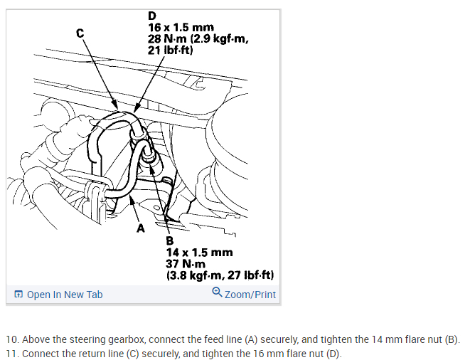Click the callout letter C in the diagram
pos(80,32)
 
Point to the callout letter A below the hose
pos(140,229)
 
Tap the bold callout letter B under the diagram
pos(170,241)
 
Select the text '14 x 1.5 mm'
pos(198,253)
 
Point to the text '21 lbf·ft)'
pos(173,50)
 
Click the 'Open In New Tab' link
pos(65,295)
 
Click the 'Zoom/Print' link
pos(250,295)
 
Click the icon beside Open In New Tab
pos(18,295)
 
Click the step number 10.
pos(11,339)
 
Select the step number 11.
pos(11,354)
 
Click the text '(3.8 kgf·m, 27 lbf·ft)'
pos(220,275)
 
